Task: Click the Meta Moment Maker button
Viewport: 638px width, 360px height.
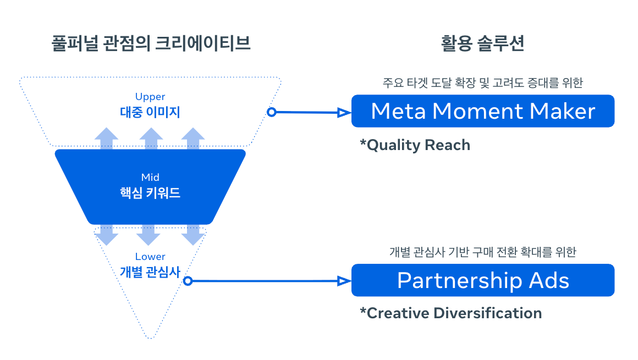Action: point(482,111)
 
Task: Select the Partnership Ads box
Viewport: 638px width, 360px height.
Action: point(482,280)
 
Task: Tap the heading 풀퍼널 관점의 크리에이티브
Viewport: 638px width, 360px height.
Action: point(150,43)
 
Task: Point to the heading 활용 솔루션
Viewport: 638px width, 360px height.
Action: point(482,43)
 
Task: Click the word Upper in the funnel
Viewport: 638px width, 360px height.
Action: point(150,97)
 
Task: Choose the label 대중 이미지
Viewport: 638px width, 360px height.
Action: point(150,112)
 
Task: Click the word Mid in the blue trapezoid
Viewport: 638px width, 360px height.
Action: point(150,178)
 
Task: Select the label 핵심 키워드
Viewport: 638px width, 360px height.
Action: point(150,193)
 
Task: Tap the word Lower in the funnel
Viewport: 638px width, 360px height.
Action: point(150,257)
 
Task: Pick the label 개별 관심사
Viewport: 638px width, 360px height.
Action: point(150,272)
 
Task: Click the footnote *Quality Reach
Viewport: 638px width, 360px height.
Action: point(415,145)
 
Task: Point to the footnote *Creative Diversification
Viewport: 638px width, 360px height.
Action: point(450,313)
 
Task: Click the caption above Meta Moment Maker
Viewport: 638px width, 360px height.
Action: point(482,83)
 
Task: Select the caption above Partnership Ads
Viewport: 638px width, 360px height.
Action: point(482,252)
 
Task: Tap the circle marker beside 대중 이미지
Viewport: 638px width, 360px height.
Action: point(271,112)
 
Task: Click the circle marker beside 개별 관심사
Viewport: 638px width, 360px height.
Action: point(188,281)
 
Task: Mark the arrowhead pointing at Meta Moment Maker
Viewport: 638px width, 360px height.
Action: point(344,113)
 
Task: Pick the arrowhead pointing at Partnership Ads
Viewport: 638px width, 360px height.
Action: point(344,281)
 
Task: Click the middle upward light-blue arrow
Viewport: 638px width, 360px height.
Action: point(150,138)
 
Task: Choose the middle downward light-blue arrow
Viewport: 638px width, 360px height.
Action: point(148,235)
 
